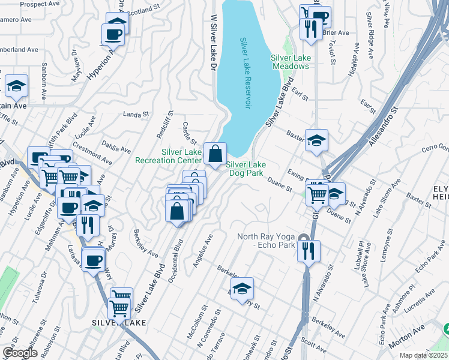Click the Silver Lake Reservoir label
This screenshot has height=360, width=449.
pyautogui.click(x=245, y=73)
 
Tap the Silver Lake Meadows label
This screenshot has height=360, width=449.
pyautogui.click(x=291, y=62)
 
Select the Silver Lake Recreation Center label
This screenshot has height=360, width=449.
pyautogui.click(x=167, y=156)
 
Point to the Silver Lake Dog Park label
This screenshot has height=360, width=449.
pyautogui.click(x=246, y=169)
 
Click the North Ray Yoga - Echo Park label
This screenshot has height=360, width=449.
pyautogui.click(x=267, y=241)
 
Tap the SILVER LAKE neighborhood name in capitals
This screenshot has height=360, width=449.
pyautogui.click(x=119, y=323)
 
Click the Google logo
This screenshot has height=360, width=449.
pyautogui.click(x=19, y=352)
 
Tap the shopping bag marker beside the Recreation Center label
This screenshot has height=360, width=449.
pyautogui.click(x=215, y=154)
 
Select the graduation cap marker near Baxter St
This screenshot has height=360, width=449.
pyautogui.click(x=316, y=141)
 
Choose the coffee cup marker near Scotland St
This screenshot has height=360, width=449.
pyautogui.click(x=113, y=35)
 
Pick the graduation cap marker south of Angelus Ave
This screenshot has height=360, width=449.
pyautogui.click(x=242, y=289)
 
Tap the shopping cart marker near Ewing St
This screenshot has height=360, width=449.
pyautogui.click(x=317, y=193)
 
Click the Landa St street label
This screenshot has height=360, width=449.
pyautogui.click(x=135, y=114)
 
